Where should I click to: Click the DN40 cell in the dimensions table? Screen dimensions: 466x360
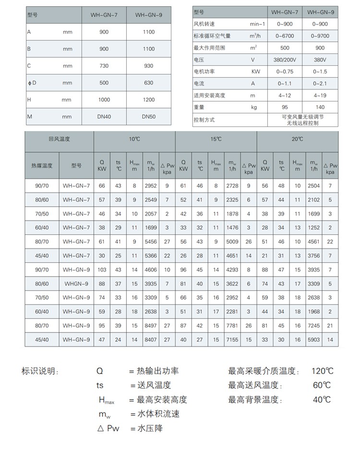pos(104,116)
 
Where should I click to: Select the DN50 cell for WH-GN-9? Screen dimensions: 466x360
pos(149,116)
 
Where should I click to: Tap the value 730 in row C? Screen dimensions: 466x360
pos(104,66)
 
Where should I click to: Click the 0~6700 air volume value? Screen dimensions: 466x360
pos(285,36)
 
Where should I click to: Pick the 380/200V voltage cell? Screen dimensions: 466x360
pos(285,60)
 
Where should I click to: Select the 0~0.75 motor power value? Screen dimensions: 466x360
pos(285,72)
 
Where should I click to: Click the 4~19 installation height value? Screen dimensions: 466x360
pos(320,95)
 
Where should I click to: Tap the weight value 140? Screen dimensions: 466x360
pos(320,107)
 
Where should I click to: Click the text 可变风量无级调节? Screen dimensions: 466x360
pos(302,116)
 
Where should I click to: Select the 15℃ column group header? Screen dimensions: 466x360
pos(216,139)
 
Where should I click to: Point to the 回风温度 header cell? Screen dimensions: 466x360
pos(59,139)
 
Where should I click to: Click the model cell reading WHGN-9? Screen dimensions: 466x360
pos(76,284)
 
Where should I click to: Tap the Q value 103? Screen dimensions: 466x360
pos(102,270)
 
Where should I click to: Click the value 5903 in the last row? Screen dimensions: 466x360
pos(314,340)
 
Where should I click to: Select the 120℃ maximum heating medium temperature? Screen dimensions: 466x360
pos(322,371)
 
